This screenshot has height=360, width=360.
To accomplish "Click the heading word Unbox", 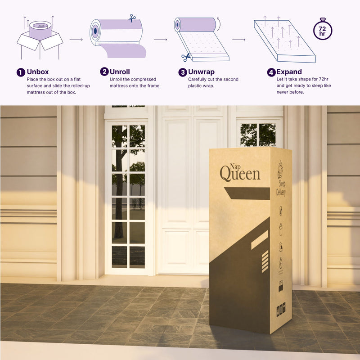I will point(38,72).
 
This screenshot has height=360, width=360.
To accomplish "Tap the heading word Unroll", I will point(120,72).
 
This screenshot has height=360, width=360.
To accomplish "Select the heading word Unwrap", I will point(201,72).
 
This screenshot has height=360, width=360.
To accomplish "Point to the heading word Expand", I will point(289,72).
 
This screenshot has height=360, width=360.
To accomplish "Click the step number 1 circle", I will point(21,72).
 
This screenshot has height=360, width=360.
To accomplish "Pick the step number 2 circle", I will point(104,72).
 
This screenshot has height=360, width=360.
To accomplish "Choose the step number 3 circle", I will point(183,72).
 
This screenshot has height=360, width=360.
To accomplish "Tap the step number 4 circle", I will point(271,72).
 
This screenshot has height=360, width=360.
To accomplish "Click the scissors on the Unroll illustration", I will point(132,18).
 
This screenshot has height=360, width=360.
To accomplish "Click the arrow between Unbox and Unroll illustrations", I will point(76,40).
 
